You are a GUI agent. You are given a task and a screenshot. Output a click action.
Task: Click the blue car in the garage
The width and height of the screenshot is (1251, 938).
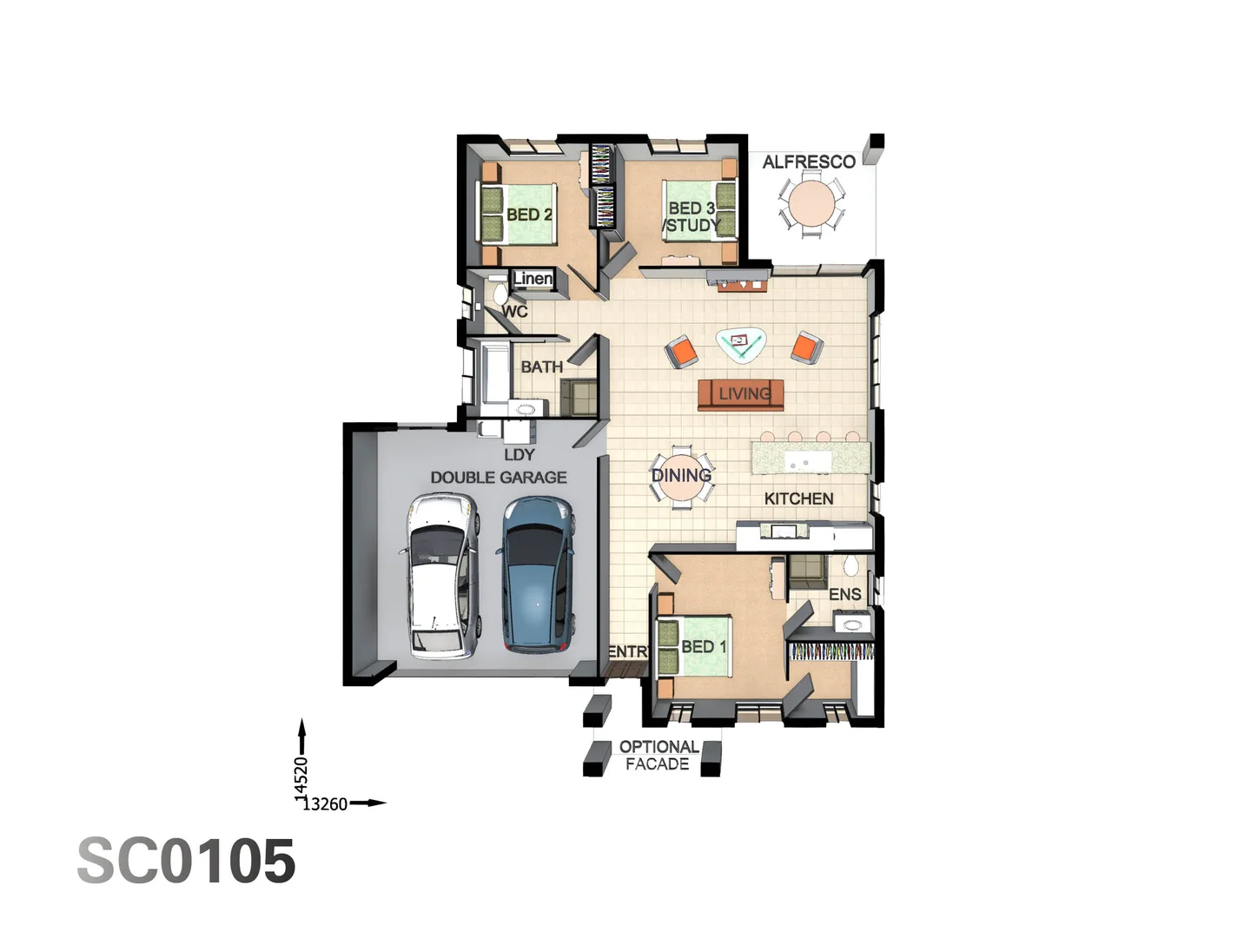point(537,574)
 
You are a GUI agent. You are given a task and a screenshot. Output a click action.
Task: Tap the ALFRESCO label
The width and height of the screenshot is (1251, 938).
point(809,162)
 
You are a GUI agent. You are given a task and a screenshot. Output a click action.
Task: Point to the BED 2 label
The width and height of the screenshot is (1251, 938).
point(529,215)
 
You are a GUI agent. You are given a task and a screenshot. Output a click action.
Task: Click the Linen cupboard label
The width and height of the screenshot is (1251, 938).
point(533,278)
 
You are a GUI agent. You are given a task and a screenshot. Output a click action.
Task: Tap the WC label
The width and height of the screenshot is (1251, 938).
point(514,311)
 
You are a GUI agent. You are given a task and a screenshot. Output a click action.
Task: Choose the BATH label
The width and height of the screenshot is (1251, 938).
point(541,367)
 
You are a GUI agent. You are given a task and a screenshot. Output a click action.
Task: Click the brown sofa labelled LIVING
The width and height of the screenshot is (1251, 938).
point(741,394)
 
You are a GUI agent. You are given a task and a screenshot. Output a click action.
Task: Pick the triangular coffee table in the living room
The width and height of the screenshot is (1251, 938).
point(740,344)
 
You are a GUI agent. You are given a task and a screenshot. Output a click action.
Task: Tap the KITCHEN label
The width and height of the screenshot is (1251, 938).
point(798,499)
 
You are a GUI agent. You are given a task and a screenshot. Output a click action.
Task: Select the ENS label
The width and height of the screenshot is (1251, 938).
point(844,594)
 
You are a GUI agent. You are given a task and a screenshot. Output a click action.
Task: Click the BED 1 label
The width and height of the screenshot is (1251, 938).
point(704,647)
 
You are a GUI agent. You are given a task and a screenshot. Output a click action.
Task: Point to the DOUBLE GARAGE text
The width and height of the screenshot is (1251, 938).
point(499,478)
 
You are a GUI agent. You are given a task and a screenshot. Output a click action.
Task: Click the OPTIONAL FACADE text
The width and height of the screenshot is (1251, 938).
point(659,756)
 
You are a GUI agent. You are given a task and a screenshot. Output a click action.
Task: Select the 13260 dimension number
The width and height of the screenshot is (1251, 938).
point(325,804)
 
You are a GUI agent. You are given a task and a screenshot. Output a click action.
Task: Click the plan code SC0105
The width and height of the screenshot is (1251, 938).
point(187,862)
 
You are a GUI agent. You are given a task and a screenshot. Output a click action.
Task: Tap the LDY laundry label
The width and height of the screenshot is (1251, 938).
point(519,454)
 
